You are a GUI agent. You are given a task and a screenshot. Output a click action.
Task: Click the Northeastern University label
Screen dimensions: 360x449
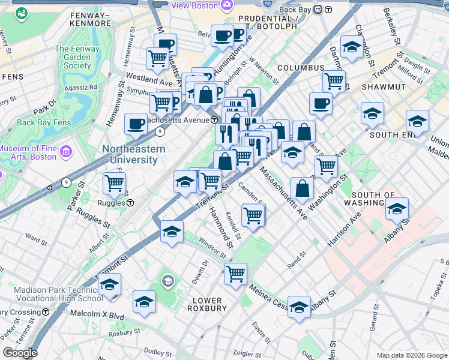tap(130, 154)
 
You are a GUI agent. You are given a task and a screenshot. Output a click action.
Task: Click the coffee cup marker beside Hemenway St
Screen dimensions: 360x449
tap(136, 124)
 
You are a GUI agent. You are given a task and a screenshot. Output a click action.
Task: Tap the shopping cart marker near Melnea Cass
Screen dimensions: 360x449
tap(236, 273)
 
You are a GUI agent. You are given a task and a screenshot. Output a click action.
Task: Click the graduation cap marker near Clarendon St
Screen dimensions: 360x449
tap(351, 46)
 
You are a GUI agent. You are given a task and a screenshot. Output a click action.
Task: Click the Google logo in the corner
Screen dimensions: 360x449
tap(19, 353)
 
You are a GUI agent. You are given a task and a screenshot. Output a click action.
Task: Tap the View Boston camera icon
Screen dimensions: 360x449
tap(226, 5)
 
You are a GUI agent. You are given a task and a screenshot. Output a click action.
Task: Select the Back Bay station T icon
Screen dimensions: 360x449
tap(328, 10)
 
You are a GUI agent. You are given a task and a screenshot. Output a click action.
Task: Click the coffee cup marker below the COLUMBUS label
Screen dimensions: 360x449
tap(321, 103)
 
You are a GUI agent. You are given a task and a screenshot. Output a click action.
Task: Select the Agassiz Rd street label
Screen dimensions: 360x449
tap(82, 87)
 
